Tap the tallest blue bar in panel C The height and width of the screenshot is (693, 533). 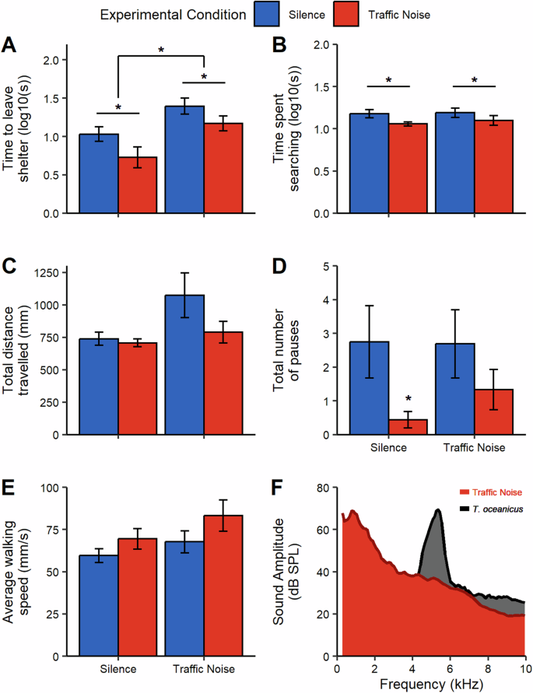coord(184,365)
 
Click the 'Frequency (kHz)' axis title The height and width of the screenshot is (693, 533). coord(431,684)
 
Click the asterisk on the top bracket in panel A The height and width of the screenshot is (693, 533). coord(161,50)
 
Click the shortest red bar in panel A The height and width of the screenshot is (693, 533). coord(137,185)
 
